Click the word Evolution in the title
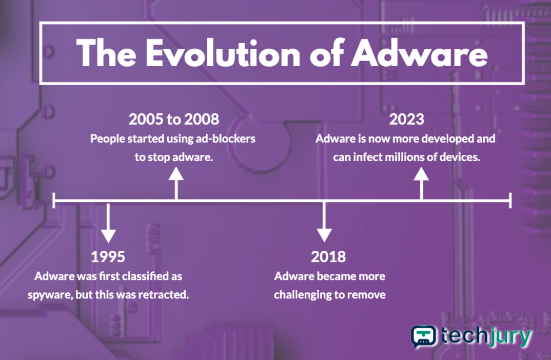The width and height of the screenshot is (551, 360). point(223,54)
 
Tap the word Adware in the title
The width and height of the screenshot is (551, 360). point(419,54)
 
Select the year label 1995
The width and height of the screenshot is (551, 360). point(108,257)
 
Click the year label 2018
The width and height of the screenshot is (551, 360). point(328,257)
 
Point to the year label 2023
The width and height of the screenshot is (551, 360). point(406,119)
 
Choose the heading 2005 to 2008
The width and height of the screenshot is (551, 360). point(173,119)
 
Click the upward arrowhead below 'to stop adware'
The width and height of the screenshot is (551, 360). point(176,173)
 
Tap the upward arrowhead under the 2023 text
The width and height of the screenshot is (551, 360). point(421,173)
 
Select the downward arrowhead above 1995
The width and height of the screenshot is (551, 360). point(108,236)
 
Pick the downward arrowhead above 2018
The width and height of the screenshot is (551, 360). point(324,235)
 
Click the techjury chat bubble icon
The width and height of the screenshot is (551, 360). point(424,336)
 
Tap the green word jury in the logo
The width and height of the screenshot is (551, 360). point(510,336)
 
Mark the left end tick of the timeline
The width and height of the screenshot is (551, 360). point(54,200)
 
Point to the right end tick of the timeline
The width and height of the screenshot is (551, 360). point(510,200)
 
